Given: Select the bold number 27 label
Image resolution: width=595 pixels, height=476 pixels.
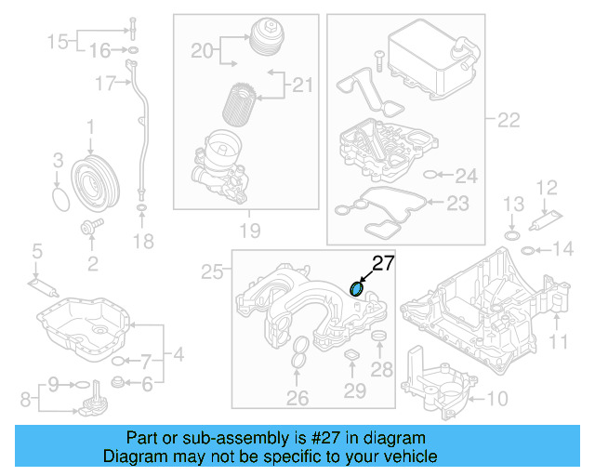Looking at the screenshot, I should coord(383,263).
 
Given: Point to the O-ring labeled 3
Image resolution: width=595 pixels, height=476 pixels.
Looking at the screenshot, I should coord(60,199).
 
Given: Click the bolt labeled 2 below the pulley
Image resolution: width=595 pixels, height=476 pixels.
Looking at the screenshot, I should coord(91,226).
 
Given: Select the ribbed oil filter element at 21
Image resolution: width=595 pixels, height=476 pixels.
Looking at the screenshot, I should coord(241,104).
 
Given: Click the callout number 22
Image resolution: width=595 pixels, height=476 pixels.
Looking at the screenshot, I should coord(508,120).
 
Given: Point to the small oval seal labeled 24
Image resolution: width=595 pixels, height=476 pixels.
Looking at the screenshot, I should coord(429,174).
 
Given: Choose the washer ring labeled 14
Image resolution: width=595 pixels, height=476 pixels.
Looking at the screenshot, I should coord(527,250).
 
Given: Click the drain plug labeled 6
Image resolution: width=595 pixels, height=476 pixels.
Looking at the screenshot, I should coord(118,382).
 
